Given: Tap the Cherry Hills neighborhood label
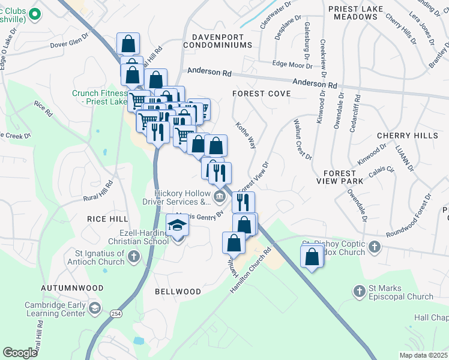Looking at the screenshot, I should (x=408, y=136).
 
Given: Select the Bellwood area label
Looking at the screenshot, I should (x=178, y=292).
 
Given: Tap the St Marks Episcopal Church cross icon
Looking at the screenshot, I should (x=359, y=292).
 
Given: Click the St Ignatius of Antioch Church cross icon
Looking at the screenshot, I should (x=133, y=257).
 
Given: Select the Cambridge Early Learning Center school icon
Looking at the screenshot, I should (x=94, y=308).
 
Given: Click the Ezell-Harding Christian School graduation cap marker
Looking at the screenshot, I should (x=177, y=226).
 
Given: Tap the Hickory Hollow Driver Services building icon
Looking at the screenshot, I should (x=219, y=196).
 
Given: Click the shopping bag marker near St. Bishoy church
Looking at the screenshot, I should (x=312, y=257).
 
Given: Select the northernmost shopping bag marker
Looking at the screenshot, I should (x=128, y=44).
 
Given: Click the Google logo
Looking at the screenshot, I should (x=20, y=353).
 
